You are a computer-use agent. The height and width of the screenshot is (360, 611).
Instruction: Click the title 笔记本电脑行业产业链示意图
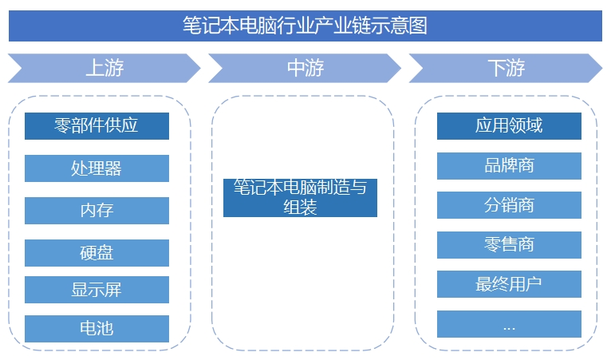pos(305,26)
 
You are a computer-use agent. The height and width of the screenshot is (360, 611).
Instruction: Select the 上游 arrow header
pos(104,68)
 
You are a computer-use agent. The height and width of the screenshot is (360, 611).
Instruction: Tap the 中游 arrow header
pos(305,68)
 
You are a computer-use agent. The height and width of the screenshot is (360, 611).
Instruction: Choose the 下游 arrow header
pos(506,68)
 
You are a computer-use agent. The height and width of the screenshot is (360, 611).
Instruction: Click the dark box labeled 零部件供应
pos(97,126)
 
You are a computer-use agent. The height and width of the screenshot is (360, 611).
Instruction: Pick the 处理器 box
pos(97,168)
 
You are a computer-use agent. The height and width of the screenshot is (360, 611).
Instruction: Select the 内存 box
pos(97,211)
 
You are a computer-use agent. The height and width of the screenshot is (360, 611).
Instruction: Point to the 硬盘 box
pos(97,253)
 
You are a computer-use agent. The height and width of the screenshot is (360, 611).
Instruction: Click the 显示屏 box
pos(97,290)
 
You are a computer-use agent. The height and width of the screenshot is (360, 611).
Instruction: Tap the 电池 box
pos(97,328)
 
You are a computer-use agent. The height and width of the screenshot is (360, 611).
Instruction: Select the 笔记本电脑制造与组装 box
pos(300,197)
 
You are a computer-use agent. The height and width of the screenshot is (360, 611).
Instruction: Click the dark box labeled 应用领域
pos(509,126)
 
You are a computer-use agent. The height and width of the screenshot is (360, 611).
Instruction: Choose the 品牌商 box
pos(509,165)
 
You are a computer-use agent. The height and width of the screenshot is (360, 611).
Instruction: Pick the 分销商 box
pos(509,205)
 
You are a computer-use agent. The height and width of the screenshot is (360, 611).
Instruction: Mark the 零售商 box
pos(509,244)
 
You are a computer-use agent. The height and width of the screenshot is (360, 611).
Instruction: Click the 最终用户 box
pos(509,284)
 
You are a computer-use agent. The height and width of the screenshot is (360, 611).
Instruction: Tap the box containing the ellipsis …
pos(509,325)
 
